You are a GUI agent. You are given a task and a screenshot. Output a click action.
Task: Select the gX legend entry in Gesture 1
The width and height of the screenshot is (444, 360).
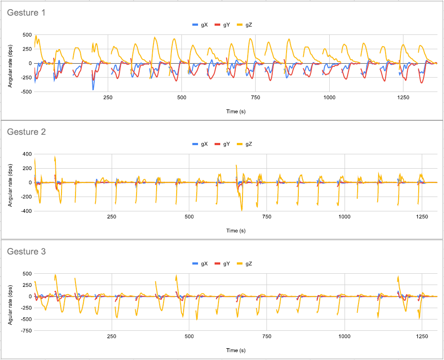201,25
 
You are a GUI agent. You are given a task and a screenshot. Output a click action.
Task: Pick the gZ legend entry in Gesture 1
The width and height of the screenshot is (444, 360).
245,25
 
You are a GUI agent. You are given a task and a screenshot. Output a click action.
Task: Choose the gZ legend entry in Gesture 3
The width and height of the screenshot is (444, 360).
245,264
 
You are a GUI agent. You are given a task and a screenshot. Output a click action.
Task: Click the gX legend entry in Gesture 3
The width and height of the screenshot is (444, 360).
201,264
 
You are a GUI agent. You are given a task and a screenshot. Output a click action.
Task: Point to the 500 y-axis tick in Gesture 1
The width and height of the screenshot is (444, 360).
27,35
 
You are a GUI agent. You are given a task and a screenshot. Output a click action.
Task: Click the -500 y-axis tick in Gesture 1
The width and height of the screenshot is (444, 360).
26,92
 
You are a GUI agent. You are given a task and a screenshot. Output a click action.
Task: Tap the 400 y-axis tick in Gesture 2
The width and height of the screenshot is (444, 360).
27,154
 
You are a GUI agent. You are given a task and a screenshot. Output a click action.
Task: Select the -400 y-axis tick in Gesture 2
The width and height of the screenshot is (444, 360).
26,211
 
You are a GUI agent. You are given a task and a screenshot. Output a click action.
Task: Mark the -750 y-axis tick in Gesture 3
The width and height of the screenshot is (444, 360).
26,331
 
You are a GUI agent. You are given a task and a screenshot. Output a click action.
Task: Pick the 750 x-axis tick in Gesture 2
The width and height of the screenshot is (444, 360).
267,217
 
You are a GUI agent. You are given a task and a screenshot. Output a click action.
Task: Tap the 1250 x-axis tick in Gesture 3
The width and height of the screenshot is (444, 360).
422,336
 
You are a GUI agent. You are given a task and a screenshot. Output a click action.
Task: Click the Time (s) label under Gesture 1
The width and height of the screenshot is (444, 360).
236,112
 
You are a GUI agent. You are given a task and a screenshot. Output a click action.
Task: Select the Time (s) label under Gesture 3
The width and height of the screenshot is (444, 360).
236,350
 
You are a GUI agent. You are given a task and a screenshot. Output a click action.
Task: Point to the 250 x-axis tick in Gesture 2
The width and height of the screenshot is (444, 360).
112,217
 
